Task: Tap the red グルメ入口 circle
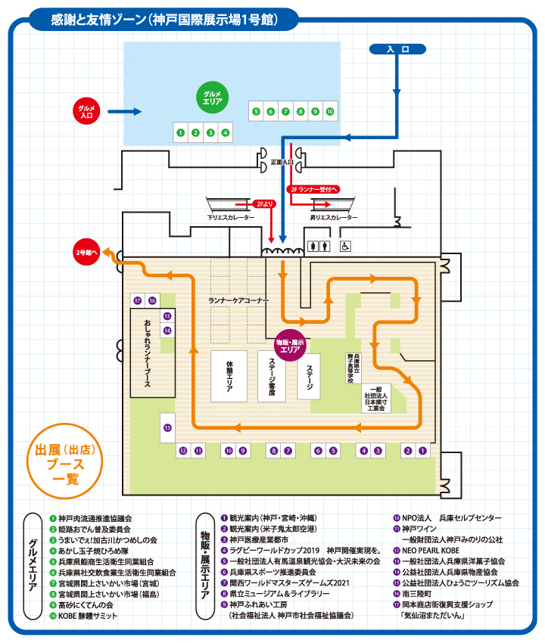(x=86, y=112)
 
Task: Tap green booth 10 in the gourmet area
(x=330, y=111)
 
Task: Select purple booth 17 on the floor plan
(x=137, y=300)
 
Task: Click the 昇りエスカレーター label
(x=334, y=217)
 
